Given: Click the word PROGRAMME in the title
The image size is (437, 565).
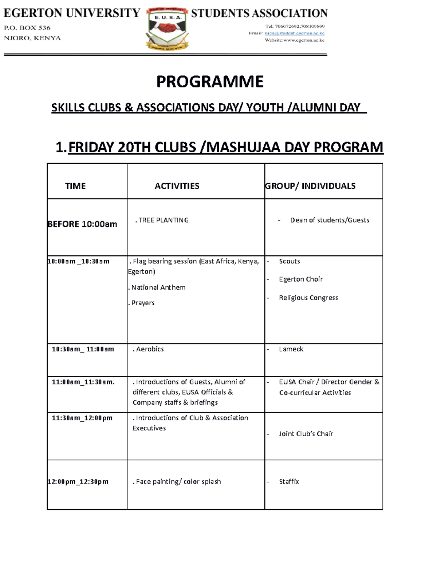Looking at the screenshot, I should click(x=210, y=82).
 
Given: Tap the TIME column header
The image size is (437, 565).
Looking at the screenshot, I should click(x=75, y=186).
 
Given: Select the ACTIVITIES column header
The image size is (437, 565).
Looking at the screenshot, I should click(x=177, y=186).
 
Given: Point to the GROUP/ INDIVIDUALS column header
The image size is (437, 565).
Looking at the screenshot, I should click(x=310, y=186).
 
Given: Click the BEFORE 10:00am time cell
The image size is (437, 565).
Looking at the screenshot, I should click(x=82, y=224).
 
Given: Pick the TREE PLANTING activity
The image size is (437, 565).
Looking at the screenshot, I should click(x=162, y=220).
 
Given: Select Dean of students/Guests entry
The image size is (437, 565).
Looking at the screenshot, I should click(x=330, y=220).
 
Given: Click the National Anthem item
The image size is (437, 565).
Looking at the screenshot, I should click(x=158, y=287).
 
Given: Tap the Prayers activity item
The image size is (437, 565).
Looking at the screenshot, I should click(x=142, y=303).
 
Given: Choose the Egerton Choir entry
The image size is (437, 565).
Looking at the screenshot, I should click(x=301, y=279).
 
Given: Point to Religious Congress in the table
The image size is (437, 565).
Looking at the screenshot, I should click(x=308, y=298).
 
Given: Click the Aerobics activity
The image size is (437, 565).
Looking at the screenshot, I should click(x=149, y=349).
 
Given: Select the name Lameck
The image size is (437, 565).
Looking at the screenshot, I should click(x=291, y=349).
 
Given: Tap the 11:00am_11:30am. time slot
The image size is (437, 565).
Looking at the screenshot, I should click(x=83, y=382).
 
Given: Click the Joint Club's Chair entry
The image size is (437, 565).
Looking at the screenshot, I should click(x=306, y=434).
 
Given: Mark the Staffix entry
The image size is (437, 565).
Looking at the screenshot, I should click(x=289, y=481).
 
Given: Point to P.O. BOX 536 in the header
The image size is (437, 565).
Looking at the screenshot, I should click(x=27, y=28).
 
